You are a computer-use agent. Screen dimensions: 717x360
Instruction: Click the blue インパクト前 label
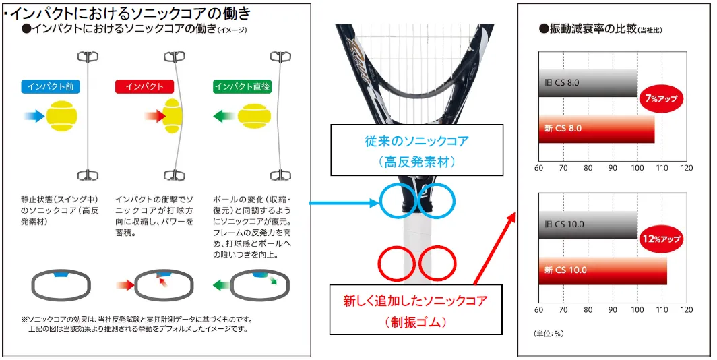[51, 86]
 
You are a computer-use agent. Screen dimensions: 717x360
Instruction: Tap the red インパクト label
[144, 86]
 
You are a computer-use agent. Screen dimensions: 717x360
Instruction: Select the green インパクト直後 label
[243, 86]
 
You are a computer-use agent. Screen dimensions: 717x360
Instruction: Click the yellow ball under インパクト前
[62, 116]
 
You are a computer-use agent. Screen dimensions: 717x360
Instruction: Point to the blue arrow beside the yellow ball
[34, 116]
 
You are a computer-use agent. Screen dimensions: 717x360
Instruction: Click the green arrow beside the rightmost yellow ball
[224, 116]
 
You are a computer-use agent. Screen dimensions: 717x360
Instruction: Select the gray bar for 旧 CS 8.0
[588, 83]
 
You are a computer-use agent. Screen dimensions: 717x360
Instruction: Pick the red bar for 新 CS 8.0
[597, 129]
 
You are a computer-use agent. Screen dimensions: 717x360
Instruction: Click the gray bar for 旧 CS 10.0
[588, 224]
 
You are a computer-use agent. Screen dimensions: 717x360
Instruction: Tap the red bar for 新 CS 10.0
[602, 270]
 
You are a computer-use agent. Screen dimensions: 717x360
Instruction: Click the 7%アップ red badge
[661, 98]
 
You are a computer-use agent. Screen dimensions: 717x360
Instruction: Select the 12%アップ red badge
[661, 239]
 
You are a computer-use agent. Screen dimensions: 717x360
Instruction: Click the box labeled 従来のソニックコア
[416, 150]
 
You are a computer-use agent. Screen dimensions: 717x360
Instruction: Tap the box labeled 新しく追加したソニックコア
[416, 309]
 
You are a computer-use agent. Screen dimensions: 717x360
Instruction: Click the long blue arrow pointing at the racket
[344, 202]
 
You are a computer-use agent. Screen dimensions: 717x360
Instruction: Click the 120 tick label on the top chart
[687, 168]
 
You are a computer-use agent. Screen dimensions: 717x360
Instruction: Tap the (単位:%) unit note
[549, 334]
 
